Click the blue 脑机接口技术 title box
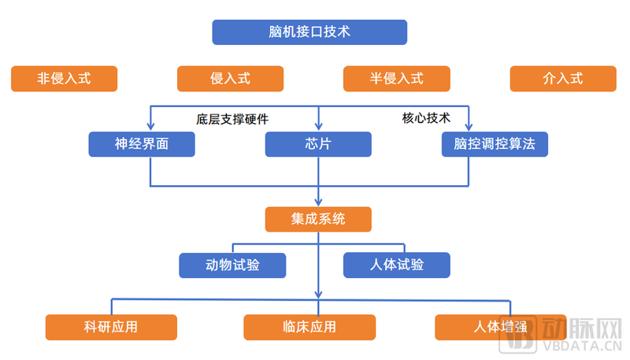(x=309, y=32)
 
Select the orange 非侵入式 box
(x=64, y=79)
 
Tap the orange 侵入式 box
(x=230, y=79)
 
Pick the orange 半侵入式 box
(x=396, y=79)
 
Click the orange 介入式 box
(x=562, y=79)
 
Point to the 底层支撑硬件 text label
(x=232, y=120)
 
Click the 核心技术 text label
(x=426, y=118)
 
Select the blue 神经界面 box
(x=141, y=144)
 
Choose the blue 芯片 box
(x=317, y=144)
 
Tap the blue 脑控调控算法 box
(x=495, y=144)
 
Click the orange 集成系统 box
(x=317, y=220)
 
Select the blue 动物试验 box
(x=232, y=265)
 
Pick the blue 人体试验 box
(x=396, y=265)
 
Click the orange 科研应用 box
(x=111, y=327)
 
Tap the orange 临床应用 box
(x=309, y=327)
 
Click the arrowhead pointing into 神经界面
(x=150, y=126)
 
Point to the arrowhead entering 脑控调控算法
(x=470, y=126)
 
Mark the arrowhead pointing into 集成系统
(x=318, y=202)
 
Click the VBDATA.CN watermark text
(x=584, y=344)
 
